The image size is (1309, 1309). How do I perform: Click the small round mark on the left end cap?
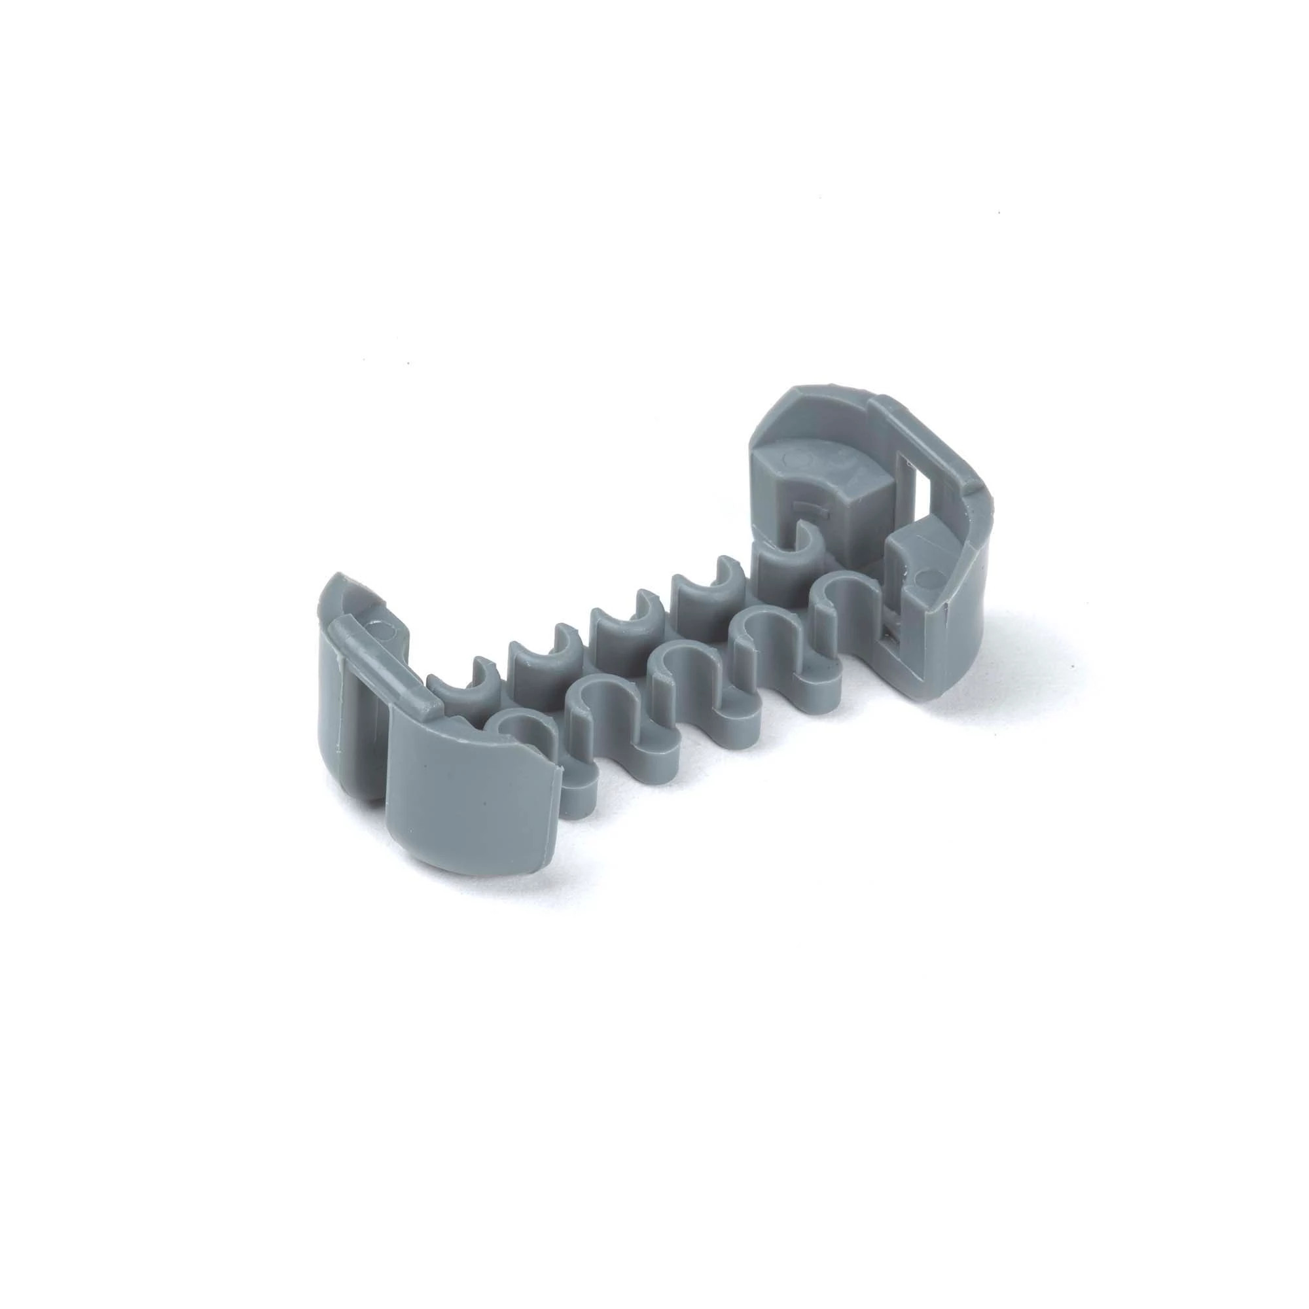pyautogui.click(x=384, y=632)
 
